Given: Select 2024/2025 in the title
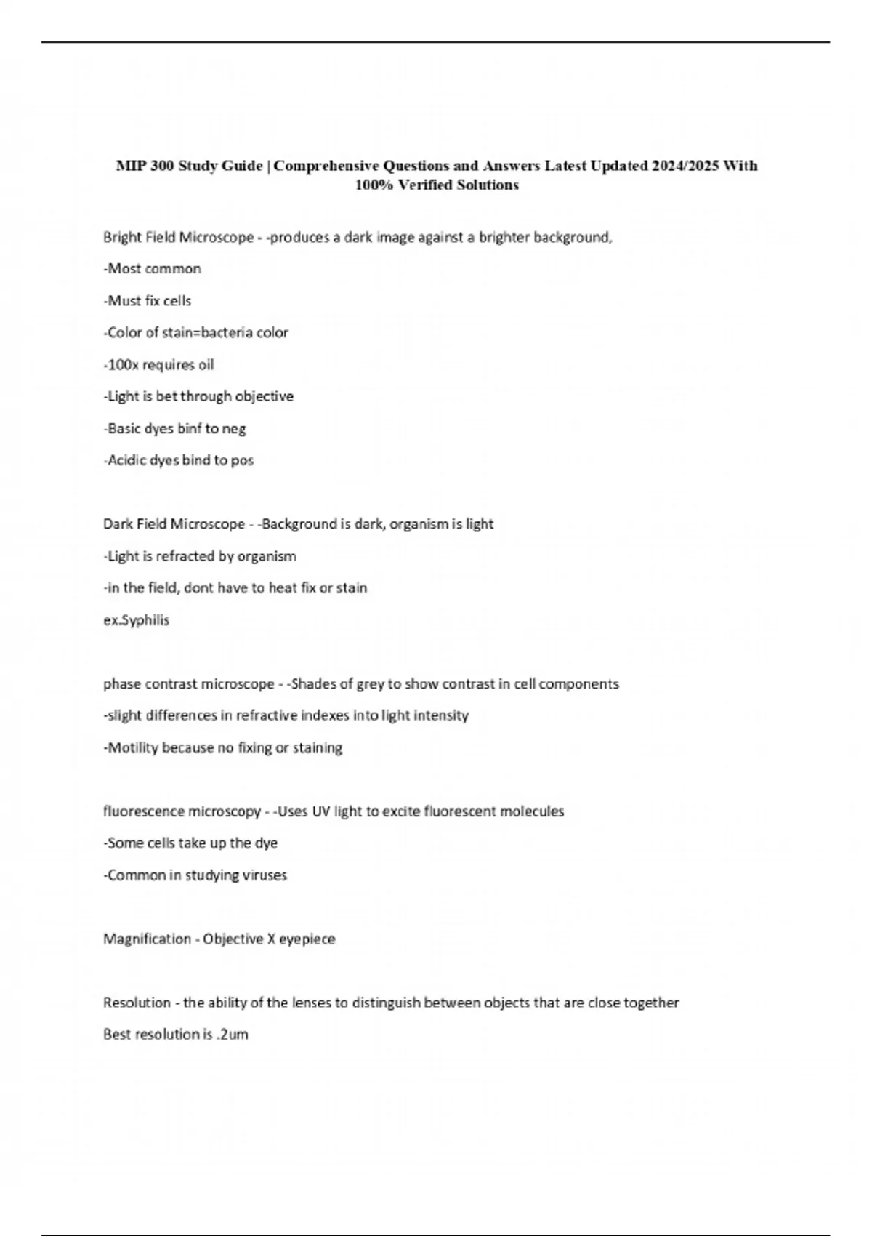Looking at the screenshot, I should pos(685,166).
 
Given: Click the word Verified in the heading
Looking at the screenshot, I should pos(428,185).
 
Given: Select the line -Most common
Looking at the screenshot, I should pos(153,269).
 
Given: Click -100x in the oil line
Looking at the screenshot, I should pos(120,365).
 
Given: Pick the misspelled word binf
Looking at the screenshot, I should pos(189,429).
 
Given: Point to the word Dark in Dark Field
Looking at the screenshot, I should pos(117,524).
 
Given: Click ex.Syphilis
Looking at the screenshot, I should pos(136,620).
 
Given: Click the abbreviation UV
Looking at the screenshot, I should pos(321,811).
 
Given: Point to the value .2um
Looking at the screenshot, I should pos(233,1035).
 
